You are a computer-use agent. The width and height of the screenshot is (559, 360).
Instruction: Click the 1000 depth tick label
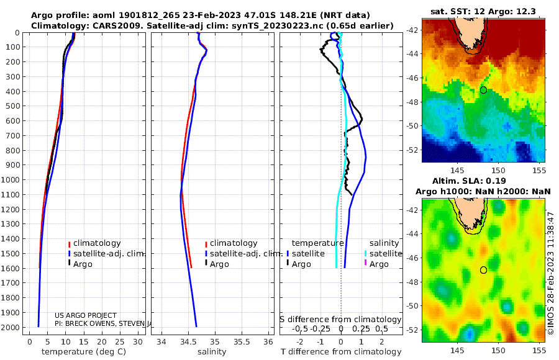click(x=11, y=179)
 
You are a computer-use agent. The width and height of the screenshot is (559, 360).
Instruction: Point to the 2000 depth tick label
click(x=11, y=327)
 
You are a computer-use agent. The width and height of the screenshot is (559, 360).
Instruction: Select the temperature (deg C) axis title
click(x=84, y=352)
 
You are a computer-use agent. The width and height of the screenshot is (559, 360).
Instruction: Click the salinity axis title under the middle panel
click(x=212, y=352)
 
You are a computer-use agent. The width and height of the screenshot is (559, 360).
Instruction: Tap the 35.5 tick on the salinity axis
click(x=242, y=342)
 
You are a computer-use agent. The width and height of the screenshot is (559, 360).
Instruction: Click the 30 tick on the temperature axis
click(x=138, y=342)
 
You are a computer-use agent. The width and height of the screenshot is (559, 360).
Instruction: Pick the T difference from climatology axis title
click(x=341, y=352)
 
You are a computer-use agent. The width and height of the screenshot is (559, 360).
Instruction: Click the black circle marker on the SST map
click(x=483, y=90)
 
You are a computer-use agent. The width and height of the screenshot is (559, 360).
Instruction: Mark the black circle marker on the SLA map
click(x=483, y=270)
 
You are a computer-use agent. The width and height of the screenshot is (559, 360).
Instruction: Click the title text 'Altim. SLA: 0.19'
click(x=469, y=181)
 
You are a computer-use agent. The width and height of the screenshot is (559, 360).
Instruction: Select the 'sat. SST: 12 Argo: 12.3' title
click(x=483, y=11)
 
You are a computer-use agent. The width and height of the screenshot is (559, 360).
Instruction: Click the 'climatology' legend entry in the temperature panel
click(x=94, y=243)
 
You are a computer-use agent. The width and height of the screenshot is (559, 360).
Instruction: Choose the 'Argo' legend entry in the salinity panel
click(x=216, y=264)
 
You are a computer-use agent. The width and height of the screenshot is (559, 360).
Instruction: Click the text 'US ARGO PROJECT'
click(x=86, y=315)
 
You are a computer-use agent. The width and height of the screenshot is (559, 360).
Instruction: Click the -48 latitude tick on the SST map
click(x=413, y=102)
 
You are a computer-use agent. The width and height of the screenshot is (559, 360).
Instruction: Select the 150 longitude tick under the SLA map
click(x=498, y=350)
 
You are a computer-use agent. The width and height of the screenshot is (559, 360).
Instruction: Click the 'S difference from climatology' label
click(x=340, y=320)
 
